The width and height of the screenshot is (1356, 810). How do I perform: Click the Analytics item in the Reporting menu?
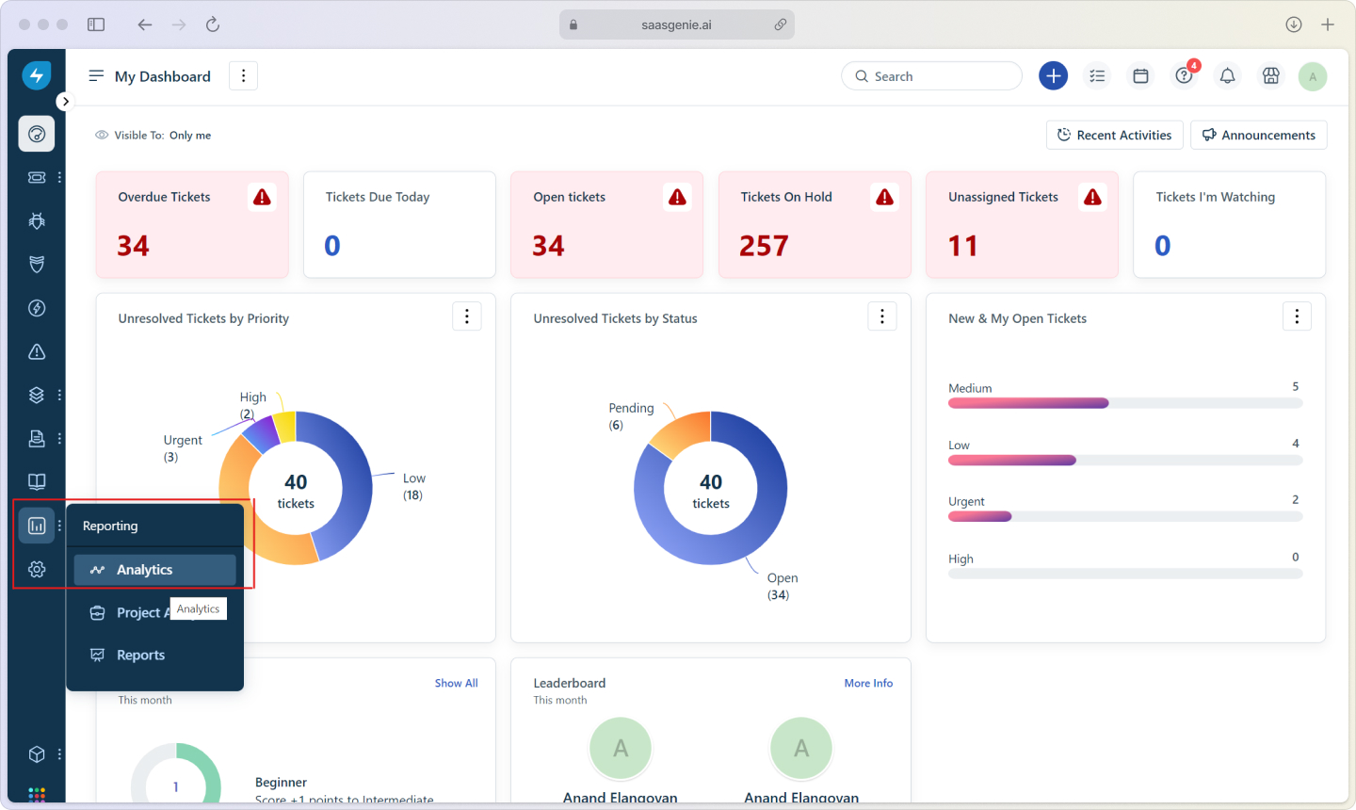145,570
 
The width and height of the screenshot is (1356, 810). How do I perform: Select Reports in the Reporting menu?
140,656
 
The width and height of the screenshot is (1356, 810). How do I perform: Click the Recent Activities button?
1114,135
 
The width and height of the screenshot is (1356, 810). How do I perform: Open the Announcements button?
1258,135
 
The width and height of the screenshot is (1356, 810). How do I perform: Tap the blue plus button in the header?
1053,76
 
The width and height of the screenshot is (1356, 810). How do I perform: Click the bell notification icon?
1227,76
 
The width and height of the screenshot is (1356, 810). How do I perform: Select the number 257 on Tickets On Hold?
764,246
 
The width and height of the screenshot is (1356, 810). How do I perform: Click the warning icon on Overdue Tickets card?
263,197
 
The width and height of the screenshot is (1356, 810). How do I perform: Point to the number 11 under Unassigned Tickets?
962,246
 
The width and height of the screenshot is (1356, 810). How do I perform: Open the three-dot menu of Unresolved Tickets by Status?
881,317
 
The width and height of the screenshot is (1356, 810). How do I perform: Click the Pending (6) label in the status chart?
630,415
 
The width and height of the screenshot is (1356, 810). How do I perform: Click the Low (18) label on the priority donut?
413,486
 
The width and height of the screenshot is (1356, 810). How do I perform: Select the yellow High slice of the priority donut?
285,426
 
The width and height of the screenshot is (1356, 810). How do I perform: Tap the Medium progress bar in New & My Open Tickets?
1028,403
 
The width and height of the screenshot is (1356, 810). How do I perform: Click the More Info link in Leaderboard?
868,683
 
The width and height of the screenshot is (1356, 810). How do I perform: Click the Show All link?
456,683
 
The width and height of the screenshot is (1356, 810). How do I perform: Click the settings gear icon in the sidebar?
37,569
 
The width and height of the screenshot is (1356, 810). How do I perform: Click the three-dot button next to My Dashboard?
243,76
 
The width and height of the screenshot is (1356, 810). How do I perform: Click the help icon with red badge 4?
1184,76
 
